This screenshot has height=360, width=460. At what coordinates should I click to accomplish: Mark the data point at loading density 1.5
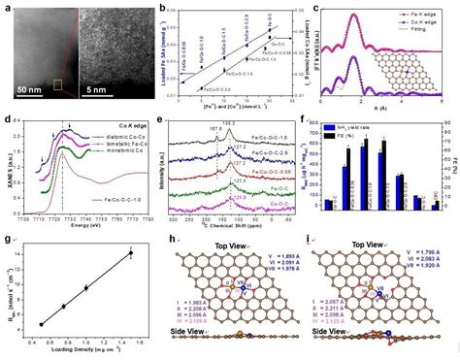click(x=131, y=253)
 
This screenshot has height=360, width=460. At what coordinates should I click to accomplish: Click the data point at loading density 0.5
click(x=42, y=324)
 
